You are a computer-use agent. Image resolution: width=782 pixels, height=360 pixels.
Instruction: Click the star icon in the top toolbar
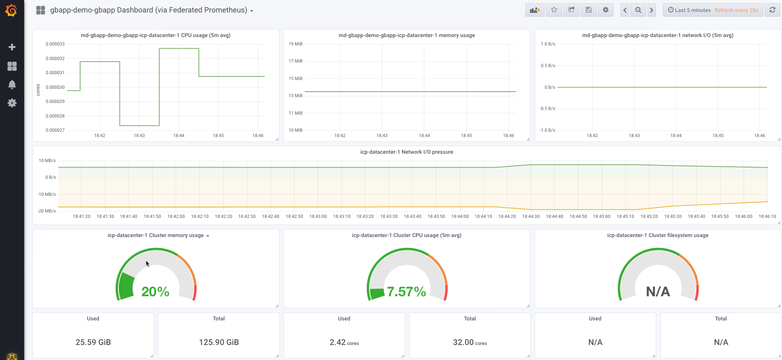(554, 10)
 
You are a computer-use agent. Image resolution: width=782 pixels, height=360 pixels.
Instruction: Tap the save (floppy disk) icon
(588, 10)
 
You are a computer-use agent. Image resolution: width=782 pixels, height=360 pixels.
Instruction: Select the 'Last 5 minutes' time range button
(689, 10)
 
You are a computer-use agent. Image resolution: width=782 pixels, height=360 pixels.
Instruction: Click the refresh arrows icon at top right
(772, 10)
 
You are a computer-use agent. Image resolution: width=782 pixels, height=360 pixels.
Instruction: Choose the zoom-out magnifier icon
(638, 10)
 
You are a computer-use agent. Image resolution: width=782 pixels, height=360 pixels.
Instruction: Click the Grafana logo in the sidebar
(12, 10)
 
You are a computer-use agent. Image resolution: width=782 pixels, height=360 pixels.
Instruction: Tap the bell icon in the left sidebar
(12, 85)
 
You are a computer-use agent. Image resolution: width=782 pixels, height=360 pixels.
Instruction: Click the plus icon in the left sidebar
(12, 47)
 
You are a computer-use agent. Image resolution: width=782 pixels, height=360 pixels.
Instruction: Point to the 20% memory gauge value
(155, 292)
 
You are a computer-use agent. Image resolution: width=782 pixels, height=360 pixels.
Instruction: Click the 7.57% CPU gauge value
(406, 292)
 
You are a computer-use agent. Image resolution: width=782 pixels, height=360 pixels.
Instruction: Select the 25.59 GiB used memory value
(93, 342)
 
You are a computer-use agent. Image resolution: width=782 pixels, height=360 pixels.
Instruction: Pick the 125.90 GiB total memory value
(219, 342)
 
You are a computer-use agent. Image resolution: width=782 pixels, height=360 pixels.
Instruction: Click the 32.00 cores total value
(470, 342)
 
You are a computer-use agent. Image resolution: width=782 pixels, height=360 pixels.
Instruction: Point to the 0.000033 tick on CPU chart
(55, 44)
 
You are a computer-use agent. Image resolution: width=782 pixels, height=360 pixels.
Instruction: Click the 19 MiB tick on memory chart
(296, 44)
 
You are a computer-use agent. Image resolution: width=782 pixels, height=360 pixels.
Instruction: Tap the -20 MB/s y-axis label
(47, 211)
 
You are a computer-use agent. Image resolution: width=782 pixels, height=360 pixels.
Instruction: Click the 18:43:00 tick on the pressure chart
(318, 217)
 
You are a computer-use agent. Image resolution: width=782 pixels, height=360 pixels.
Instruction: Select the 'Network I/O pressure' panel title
(406, 152)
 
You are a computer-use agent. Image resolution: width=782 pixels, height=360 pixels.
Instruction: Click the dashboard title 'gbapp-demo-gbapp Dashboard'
(149, 10)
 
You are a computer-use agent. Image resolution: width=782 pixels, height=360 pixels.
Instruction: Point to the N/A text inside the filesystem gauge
(658, 292)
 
